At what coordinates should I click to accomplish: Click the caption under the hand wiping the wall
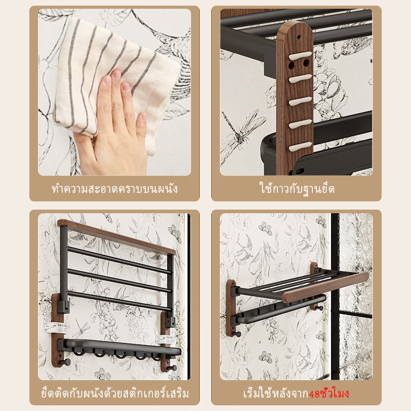click(115, 189)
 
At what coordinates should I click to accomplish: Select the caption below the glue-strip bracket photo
click(297, 188)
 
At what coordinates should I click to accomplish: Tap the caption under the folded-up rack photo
click(115, 394)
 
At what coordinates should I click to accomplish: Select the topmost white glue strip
click(300, 55)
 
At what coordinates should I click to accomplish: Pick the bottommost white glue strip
click(300, 146)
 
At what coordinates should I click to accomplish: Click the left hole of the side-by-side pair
click(291, 65)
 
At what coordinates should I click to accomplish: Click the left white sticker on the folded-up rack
click(55, 328)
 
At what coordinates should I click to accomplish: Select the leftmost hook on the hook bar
click(79, 352)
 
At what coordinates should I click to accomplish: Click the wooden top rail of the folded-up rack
click(116, 236)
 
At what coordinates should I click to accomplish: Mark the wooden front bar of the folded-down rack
click(325, 287)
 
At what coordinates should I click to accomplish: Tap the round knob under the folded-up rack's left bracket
click(65, 362)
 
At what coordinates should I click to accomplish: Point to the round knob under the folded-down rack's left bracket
click(237, 334)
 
